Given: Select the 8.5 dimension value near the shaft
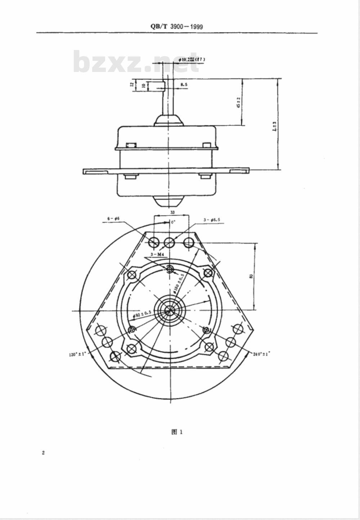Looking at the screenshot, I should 184,85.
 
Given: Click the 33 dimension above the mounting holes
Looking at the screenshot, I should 172,213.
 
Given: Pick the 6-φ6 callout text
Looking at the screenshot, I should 113,219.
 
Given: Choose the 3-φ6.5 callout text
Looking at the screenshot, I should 212,219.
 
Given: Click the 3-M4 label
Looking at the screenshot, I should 157,254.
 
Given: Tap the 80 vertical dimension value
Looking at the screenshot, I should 251,276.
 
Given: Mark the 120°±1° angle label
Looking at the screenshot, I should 77,354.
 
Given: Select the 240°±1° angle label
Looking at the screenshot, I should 261,354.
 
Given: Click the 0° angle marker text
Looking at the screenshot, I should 173,222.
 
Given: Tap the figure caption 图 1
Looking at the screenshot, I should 177,432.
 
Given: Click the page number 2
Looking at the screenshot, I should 43,453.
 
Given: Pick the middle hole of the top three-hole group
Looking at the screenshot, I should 169,243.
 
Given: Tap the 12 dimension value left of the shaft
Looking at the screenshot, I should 132,84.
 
